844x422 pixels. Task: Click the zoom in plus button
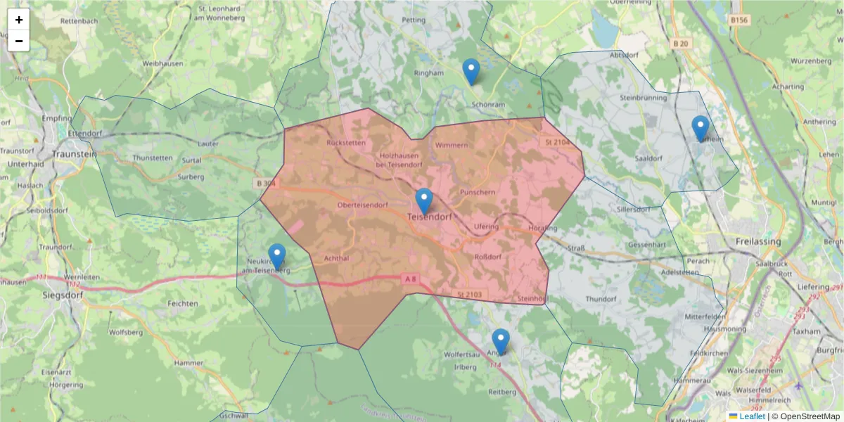[19, 20]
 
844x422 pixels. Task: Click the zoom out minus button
[19, 41]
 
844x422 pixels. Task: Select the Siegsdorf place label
[63, 295]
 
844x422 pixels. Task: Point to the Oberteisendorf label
[363, 205]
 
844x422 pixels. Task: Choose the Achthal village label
[337, 259]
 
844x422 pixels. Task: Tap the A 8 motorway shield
[411, 279]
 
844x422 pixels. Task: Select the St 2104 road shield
[556, 143]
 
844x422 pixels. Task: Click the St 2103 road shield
[468, 294]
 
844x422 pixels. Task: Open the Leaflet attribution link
[751, 416]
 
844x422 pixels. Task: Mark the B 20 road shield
[680, 44]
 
